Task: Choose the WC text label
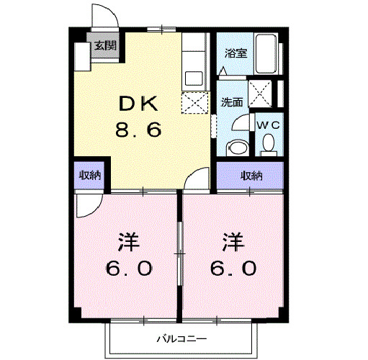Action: click(x=268, y=124)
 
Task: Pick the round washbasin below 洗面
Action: click(x=235, y=148)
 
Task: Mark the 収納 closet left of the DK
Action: click(x=90, y=175)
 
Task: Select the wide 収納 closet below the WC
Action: click(x=251, y=175)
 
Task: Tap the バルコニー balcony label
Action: click(x=182, y=338)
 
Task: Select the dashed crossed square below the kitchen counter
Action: click(x=192, y=103)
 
